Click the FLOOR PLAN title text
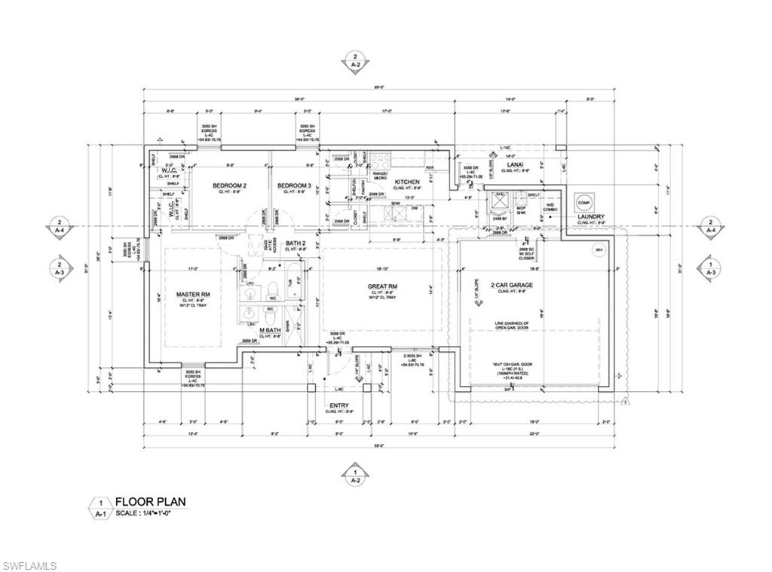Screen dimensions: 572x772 [x=150, y=501]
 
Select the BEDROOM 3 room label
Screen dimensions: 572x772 [x=294, y=185]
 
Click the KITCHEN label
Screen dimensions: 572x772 [x=407, y=182]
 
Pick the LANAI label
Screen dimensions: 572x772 [x=516, y=164]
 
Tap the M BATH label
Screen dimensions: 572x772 [x=271, y=330]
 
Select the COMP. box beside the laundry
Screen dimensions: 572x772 [x=583, y=202]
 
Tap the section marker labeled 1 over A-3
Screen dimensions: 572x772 [x=709, y=269]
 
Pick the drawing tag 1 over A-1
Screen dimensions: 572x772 [x=100, y=508]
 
